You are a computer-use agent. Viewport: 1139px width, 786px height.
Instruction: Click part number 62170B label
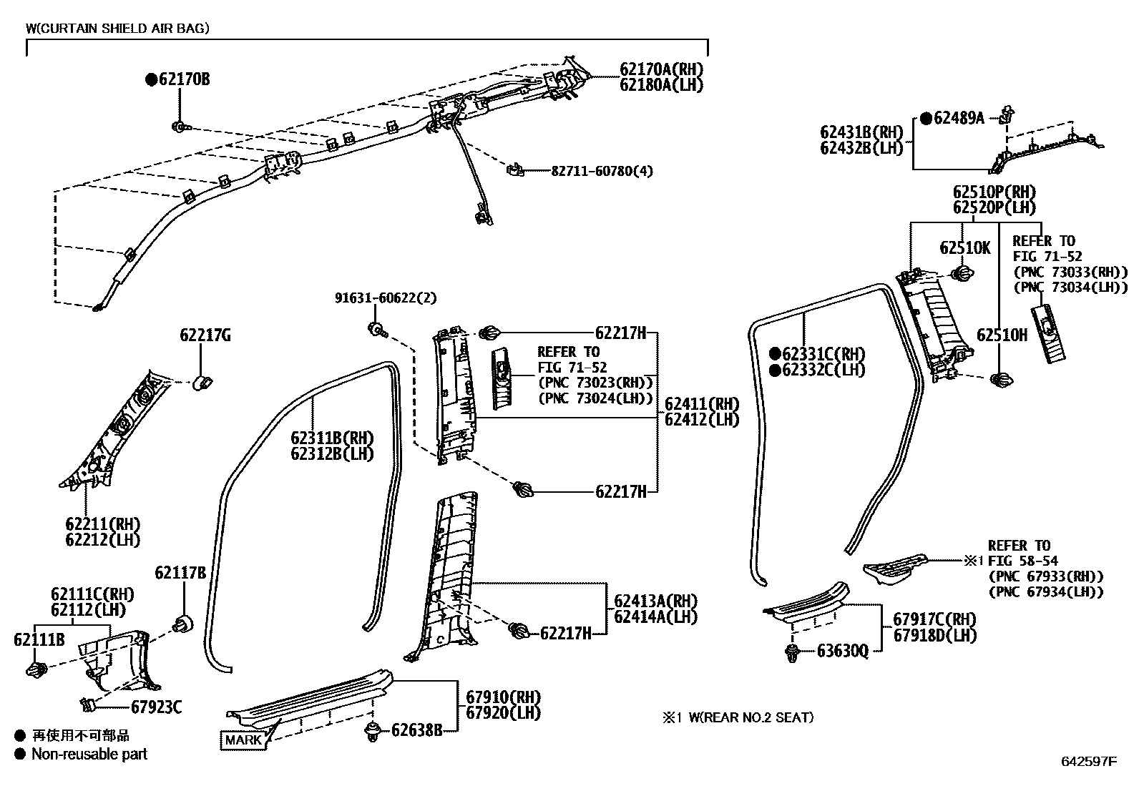(x=184, y=79)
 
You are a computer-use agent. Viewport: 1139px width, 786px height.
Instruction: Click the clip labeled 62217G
(x=205, y=382)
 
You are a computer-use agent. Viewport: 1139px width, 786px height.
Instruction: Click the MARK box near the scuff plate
(x=243, y=740)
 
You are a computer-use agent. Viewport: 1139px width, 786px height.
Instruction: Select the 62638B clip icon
(x=372, y=731)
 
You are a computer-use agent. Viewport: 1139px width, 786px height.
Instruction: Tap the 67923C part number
(x=155, y=707)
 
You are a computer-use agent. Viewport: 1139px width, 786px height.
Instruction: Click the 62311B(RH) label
(x=331, y=438)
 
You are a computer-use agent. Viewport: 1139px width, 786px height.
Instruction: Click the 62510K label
(x=964, y=247)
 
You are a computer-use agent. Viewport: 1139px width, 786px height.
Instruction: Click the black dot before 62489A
(x=926, y=118)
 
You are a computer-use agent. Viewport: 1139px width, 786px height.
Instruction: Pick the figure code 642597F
(x=1087, y=761)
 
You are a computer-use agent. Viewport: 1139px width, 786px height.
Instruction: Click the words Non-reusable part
(x=89, y=754)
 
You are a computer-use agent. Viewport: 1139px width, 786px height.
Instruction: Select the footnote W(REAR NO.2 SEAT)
(x=751, y=717)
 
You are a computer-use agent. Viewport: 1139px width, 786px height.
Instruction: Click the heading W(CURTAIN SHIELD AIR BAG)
(x=118, y=28)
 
